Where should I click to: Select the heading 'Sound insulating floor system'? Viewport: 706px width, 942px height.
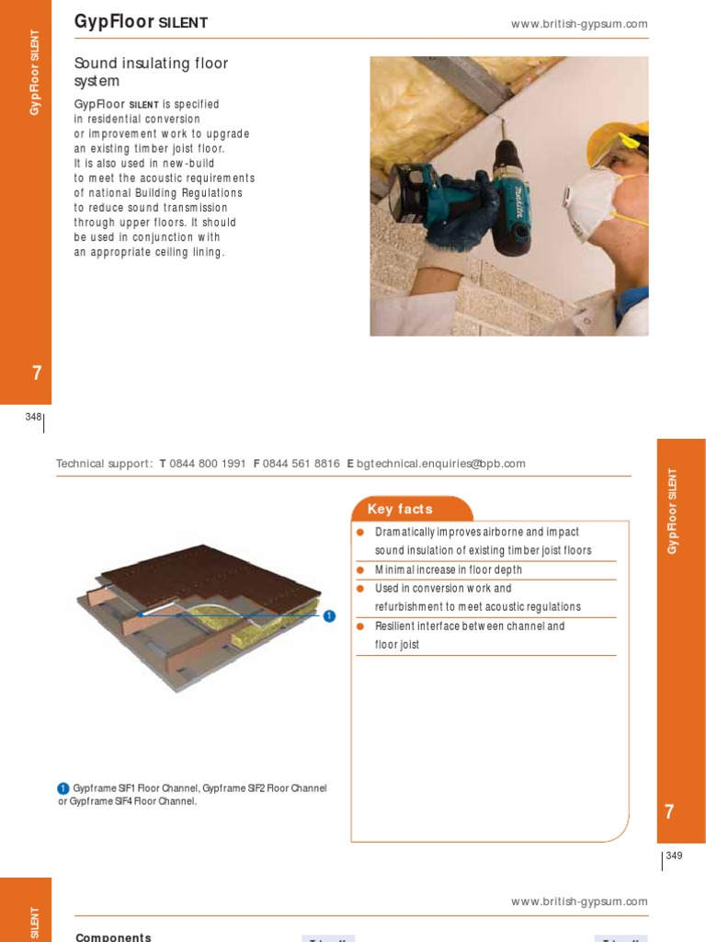pyautogui.click(x=151, y=72)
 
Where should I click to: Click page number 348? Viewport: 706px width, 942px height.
pyautogui.click(x=33, y=417)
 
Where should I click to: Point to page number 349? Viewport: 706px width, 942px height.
pyautogui.click(x=674, y=856)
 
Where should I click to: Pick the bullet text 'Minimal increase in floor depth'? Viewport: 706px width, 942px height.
pyautogui.click(x=448, y=570)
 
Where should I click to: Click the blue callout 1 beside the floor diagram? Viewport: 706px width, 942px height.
pyautogui.click(x=329, y=615)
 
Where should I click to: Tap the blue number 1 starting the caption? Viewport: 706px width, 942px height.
pyautogui.click(x=63, y=788)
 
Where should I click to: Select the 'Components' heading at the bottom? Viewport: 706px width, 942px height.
pyautogui.click(x=113, y=936)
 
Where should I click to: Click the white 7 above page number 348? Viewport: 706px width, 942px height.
pyautogui.click(x=36, y=373)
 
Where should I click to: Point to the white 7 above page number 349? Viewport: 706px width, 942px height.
pyautogui.click(x=669, y=811)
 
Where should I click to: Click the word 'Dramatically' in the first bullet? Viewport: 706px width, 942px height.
pyautogui.click(x=407, y=533)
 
